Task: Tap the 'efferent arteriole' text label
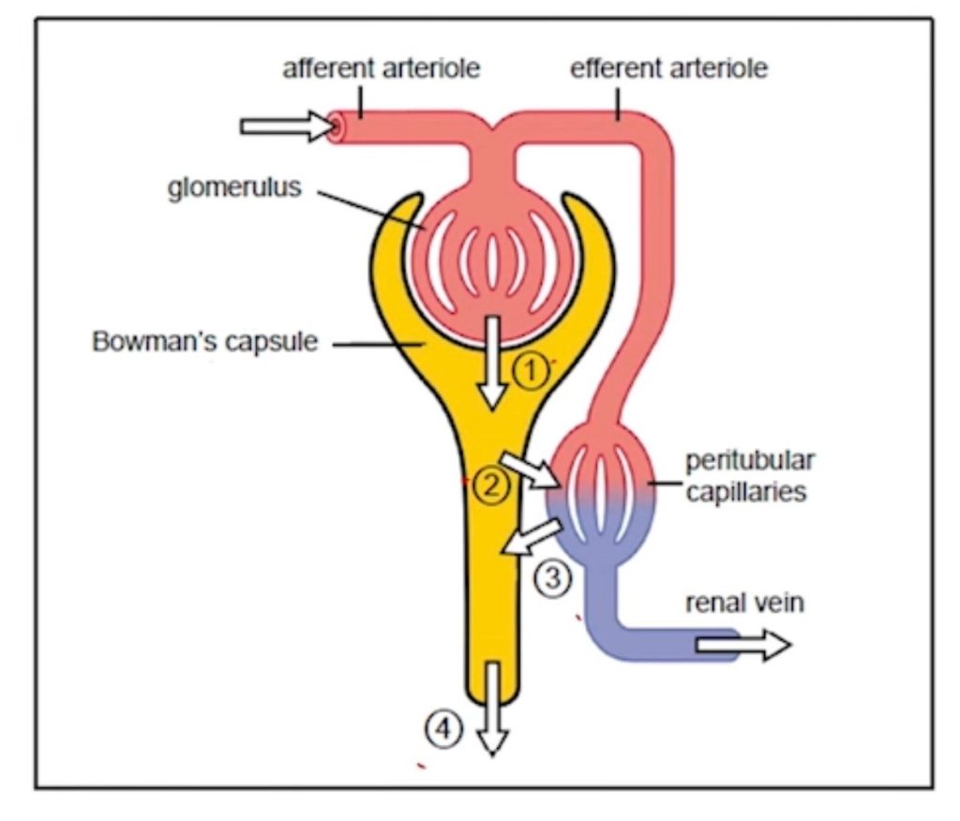coord(668,69)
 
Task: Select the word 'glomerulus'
coord(235,187)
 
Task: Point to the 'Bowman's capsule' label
coord(204,341)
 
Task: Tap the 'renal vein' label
coord(744,602)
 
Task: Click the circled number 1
coord(530,372)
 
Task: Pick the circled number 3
coord(552,578)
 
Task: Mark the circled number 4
coord(443,725)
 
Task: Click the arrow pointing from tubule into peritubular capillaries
coord(531,470)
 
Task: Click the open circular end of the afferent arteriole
coord(337,126)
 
